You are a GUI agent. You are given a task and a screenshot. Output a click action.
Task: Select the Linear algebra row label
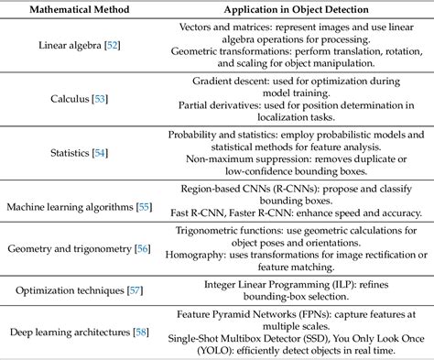point(73,44)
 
